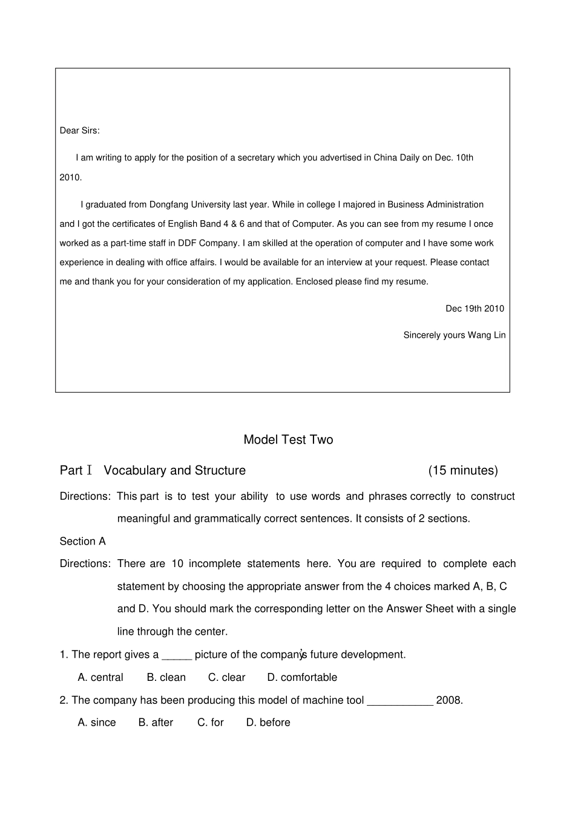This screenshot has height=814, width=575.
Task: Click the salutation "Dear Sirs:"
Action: pos(79,131)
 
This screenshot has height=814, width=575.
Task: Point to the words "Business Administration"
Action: pos(435,205)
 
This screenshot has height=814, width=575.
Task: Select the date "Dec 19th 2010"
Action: pos(475,309)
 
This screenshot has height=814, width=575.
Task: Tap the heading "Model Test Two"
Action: pos(288,440)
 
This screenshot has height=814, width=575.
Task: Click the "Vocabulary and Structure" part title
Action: pos(174,471)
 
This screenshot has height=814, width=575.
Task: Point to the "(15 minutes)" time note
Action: pos(463,471)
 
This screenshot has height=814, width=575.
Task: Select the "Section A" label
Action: pos(82,542)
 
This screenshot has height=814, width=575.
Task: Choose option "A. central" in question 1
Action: pos(100,678)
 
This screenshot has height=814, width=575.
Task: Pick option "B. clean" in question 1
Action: pos(166,678)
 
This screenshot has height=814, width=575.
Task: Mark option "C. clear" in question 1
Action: pos(226,678)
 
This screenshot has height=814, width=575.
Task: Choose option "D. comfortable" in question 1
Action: pos(302,678)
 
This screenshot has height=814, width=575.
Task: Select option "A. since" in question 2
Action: pos(97,723)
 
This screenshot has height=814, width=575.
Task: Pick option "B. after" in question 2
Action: pos(156,723)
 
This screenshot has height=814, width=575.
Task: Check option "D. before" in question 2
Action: pos(268,723)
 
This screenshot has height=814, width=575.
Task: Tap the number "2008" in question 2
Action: pos(448,701)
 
